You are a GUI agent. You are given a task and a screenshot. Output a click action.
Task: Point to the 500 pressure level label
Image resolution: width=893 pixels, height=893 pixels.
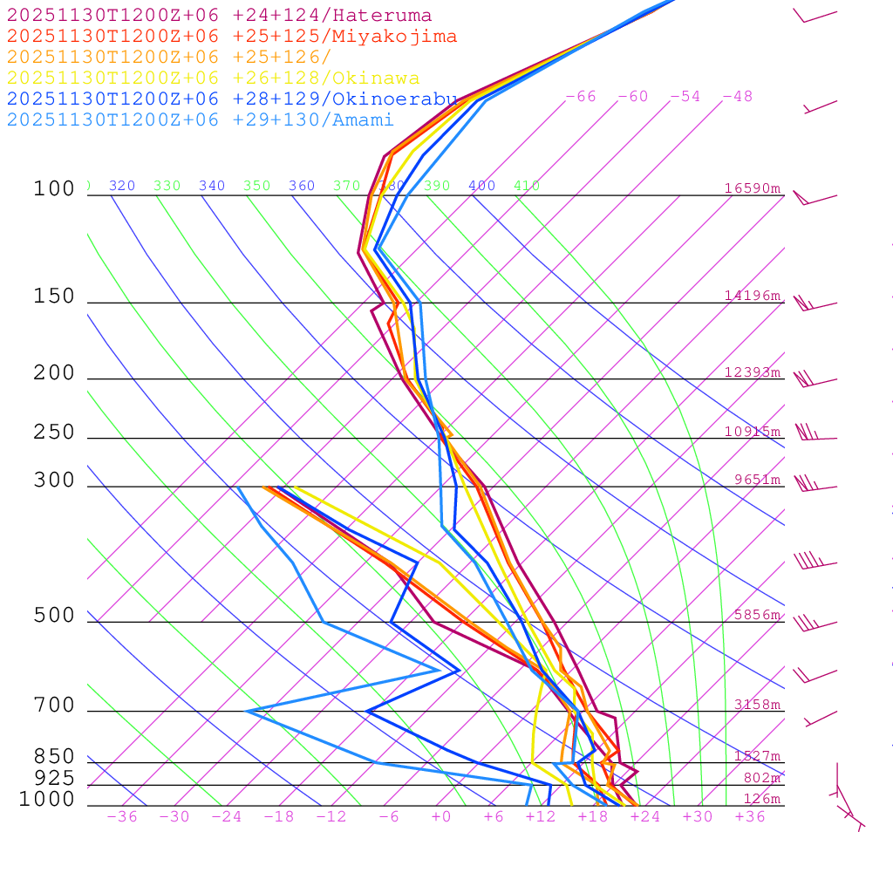[54, 616]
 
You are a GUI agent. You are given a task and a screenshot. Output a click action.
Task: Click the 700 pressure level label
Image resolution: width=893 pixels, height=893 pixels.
[54, 706]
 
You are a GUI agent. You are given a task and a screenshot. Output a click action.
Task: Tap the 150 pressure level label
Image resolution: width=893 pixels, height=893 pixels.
[54, 297]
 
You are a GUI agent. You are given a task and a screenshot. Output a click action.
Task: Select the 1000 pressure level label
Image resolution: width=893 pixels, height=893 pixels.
[46, 800]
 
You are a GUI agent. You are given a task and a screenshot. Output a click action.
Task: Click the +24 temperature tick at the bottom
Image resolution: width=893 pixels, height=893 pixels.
[645, 817]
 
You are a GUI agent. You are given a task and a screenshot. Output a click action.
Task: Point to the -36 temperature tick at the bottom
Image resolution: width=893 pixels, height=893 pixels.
[121, 817]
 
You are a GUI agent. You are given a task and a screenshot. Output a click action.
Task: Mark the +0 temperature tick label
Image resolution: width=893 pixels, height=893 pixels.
[440, 817]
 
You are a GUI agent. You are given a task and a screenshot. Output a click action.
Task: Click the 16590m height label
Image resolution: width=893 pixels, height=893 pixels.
[752, 188]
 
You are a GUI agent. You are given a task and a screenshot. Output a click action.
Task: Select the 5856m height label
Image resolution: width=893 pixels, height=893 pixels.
[756, 615]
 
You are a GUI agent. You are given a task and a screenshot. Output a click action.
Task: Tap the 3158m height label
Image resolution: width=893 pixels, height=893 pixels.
[756, 705]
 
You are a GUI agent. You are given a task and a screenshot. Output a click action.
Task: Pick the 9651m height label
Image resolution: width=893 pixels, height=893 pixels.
[756, 480]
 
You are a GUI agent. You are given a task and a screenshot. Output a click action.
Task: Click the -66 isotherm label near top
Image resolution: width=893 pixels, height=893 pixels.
[580, 97]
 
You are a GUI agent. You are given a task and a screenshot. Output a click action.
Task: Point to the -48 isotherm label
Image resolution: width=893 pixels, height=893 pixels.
[737, 97]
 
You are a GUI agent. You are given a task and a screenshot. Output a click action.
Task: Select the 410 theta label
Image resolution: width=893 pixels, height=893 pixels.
[526, 186]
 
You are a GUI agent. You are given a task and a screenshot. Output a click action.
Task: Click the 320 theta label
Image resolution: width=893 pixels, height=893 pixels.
[122, 186]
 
